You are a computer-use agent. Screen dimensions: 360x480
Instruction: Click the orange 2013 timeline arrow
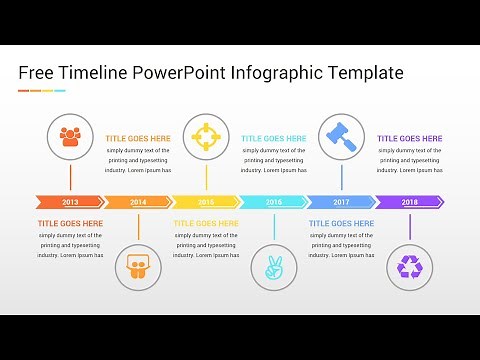pyautogui.click(x=69, y=202)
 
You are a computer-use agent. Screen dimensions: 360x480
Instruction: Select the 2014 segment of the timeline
pyautogui.click(x=137, y=202)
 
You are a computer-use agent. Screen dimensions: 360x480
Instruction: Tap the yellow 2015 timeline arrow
pyautogui.click(x=206, y=202)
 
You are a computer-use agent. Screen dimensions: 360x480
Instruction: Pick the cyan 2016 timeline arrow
pyautogui.click(x=274, y=202)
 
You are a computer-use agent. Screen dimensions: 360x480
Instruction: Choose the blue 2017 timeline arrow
pyautogui.click(x=342, y=202)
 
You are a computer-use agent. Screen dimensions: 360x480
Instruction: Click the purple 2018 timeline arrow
pyautogui.click(x=410, y=202)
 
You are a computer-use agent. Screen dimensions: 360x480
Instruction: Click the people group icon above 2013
pyautogui.click(x=70, y=136)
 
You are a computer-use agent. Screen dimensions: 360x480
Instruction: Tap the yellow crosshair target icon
pyautogui.click(x=206, y=136)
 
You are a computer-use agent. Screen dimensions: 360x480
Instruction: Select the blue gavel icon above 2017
pyautogui.click(x=341, y=136)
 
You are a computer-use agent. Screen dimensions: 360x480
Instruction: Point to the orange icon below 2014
pyautogui.click(x=138, y=267)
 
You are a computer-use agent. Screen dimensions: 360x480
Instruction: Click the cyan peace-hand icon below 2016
pyautogui.click(x=274, y=267)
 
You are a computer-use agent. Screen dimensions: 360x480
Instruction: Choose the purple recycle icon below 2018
pyautogui.click(x=410, y=267)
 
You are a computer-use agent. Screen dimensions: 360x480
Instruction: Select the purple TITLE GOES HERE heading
pyautogui.click(x=409, y=139)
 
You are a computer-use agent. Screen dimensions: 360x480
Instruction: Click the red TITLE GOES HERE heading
pyautogui.click(x=70, y=224)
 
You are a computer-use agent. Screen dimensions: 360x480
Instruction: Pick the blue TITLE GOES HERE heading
pyautogui.click(x=341, y=224)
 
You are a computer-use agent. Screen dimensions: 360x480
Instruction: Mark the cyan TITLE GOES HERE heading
pyautogui.click(x=273, y=139)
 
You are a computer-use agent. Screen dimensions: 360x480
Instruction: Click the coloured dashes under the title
pyautogui.click(x=42, y=91)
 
